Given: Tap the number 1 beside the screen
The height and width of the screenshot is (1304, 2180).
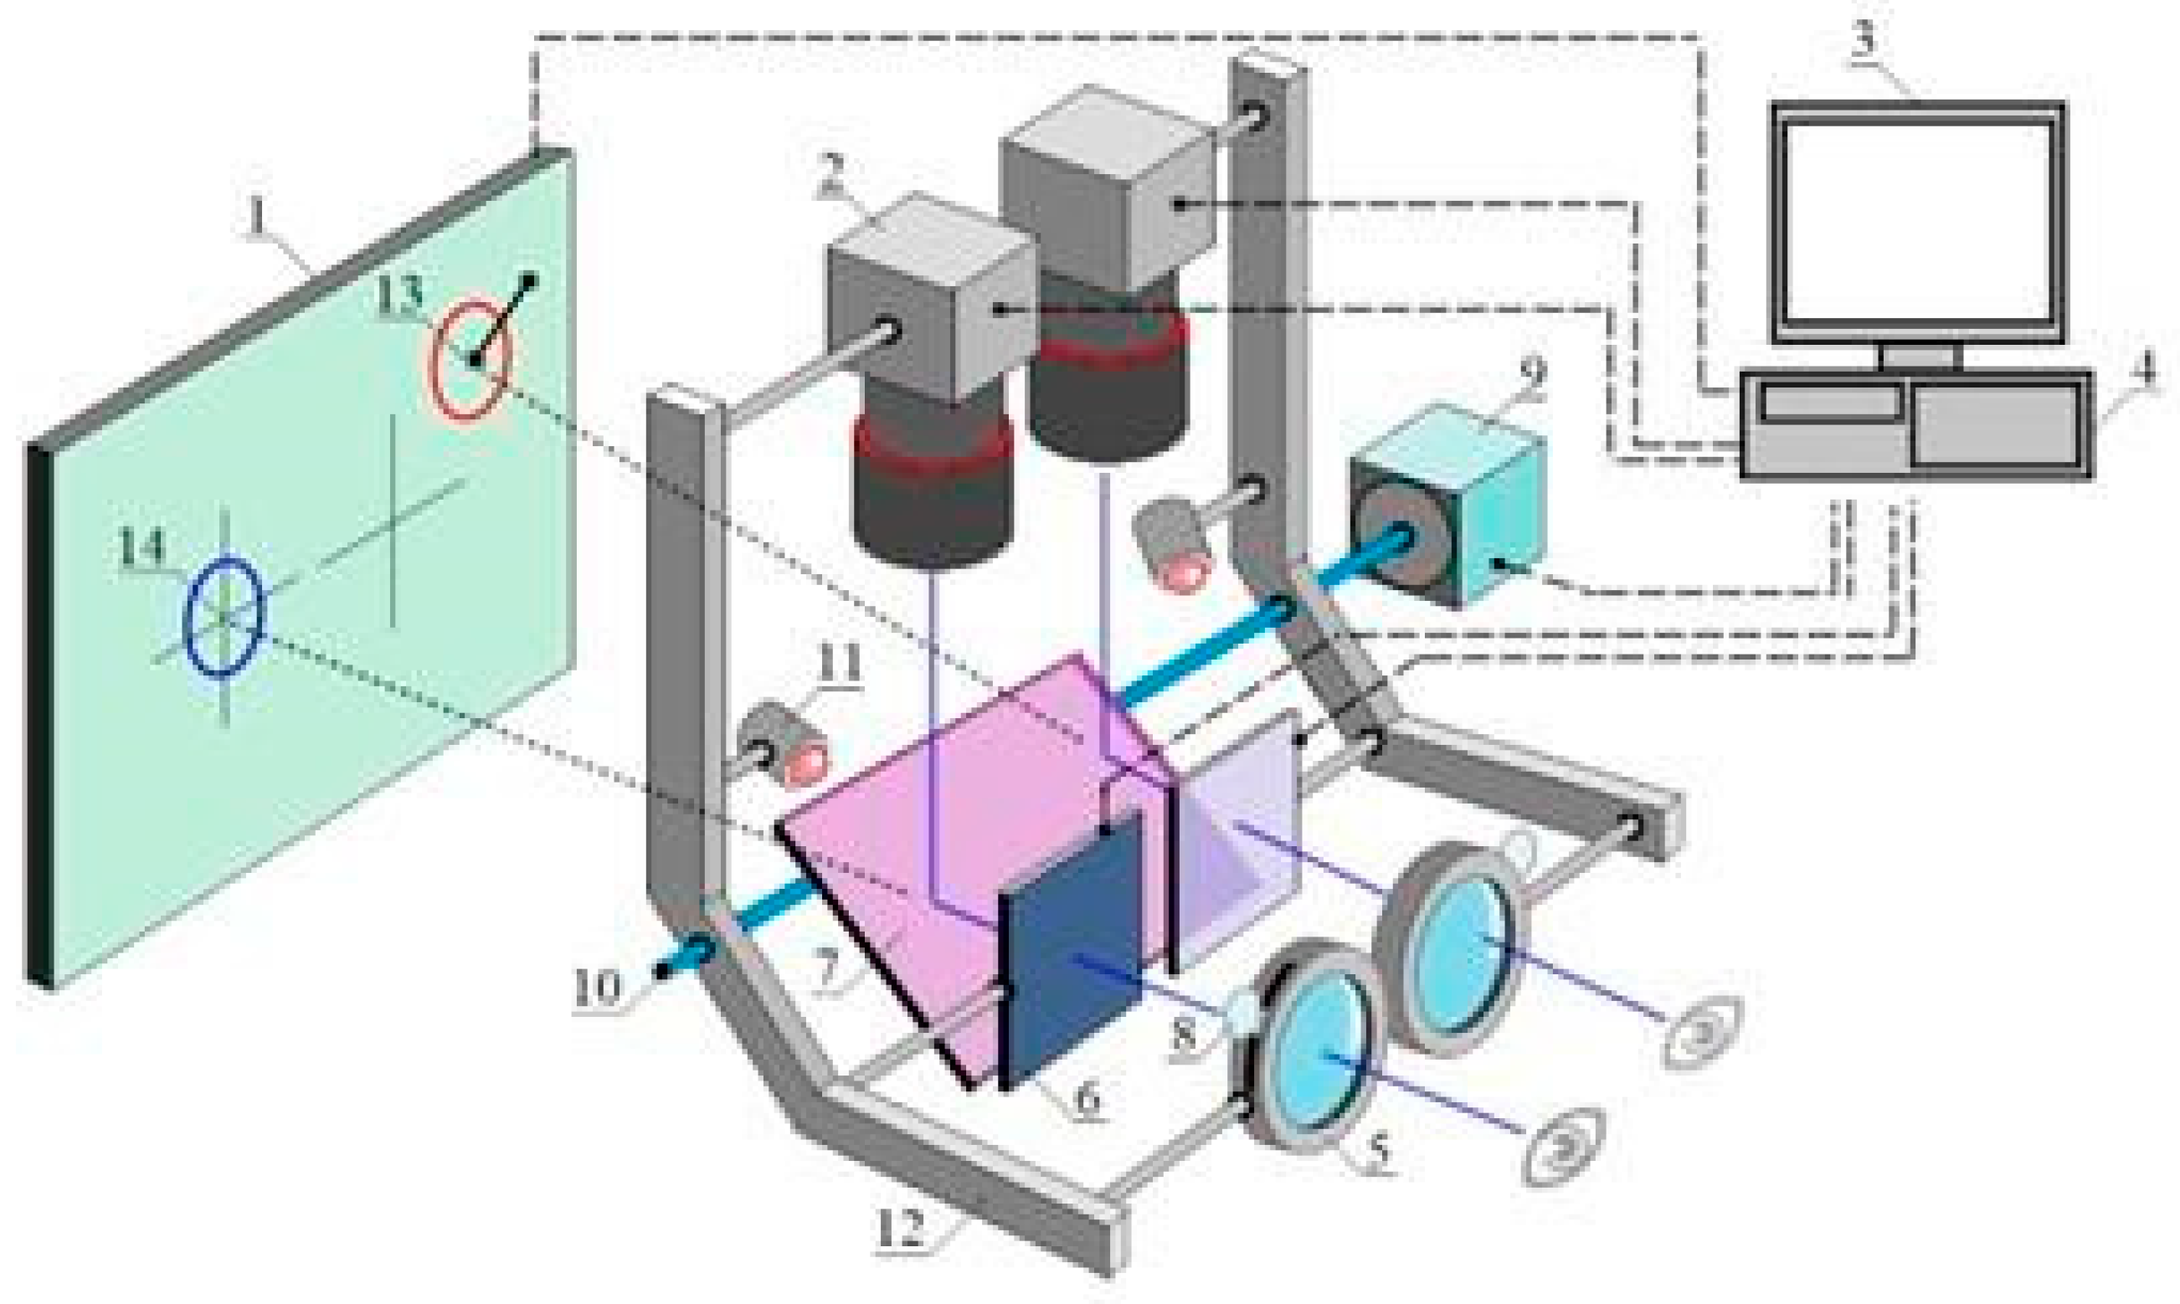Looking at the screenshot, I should click(x=255, y=222).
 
